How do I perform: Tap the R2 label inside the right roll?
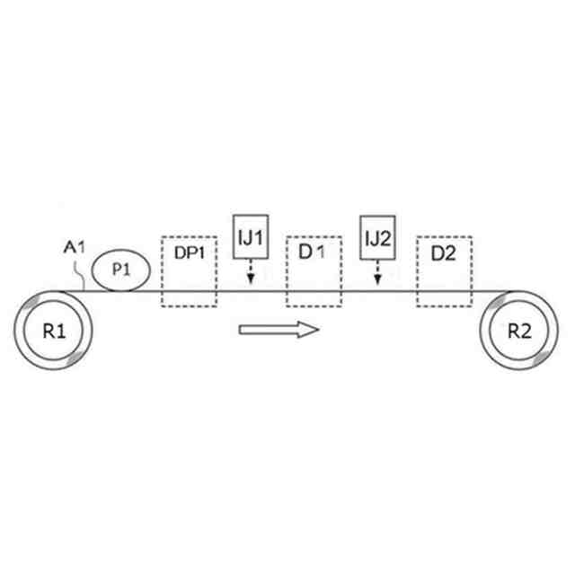(519, 330)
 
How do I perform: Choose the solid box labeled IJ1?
(250, 238)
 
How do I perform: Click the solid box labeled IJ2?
(376, 238)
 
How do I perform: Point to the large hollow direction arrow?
(279, 330)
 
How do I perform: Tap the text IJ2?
(376, 238)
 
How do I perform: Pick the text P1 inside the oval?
(121, 269)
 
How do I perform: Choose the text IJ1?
(250, 238)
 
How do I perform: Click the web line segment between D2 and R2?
(491, 291)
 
